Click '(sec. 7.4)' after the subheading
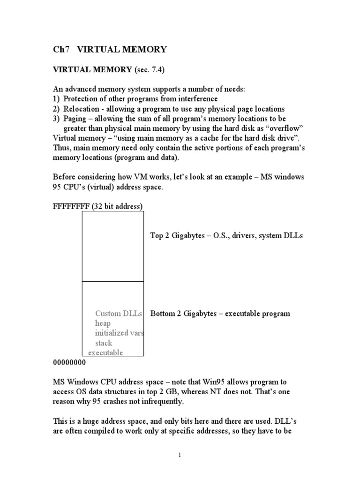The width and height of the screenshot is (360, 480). [150, 69]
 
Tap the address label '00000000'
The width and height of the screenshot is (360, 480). [69, 362]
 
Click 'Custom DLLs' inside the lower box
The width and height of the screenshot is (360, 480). [118, 314]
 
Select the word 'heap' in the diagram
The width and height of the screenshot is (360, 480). [103, 323]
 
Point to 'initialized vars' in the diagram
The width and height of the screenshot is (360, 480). [119, 333]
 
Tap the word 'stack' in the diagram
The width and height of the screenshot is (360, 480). [104, 343]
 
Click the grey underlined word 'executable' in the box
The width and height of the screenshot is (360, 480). [105, 353]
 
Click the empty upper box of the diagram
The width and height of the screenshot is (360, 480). [113, 246]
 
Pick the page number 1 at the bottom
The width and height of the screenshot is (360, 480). [180, 455]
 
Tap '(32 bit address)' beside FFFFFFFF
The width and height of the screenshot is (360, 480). [117, 206]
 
